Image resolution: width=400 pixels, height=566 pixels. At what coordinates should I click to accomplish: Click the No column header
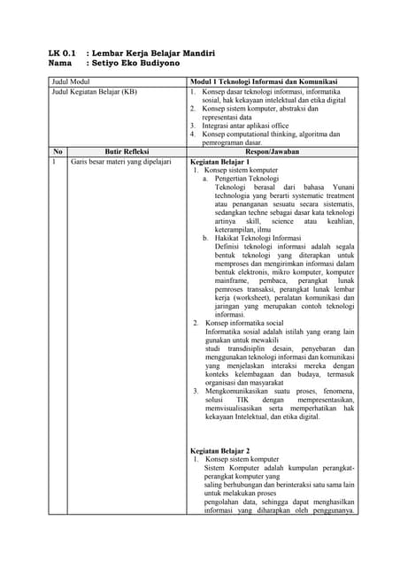tap(58, 151)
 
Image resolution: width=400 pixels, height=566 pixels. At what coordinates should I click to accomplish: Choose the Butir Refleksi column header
tap(120, 151)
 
